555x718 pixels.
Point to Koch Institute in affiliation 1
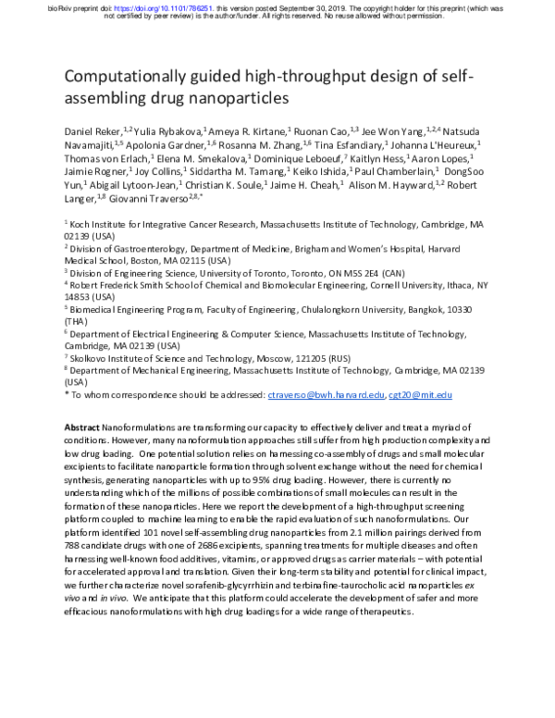[98, 224]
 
